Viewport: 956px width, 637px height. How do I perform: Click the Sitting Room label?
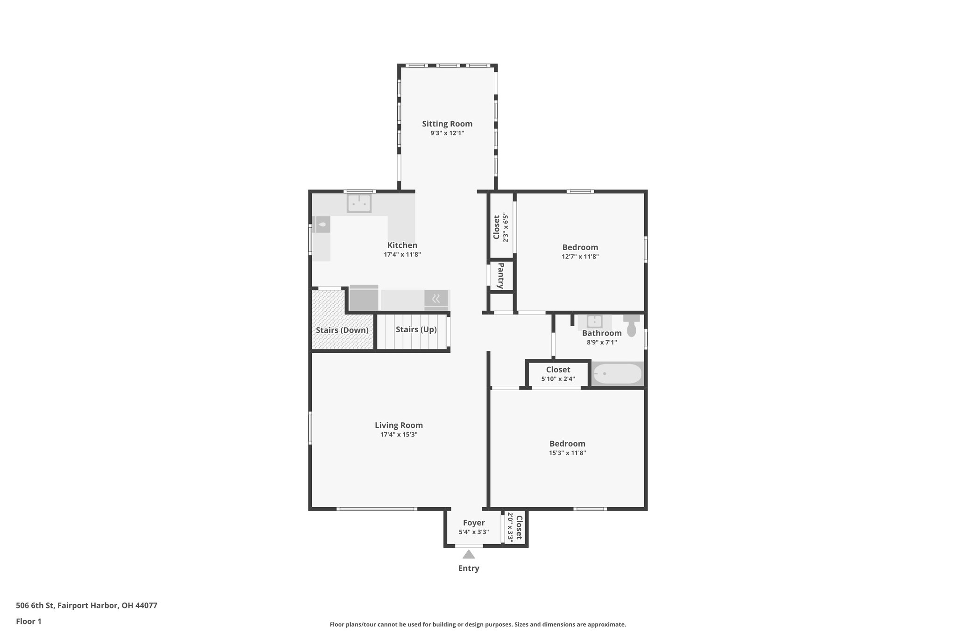coord(447,124)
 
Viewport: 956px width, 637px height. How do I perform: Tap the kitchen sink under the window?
coord(359,203)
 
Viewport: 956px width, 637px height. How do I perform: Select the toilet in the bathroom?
coord(632,325)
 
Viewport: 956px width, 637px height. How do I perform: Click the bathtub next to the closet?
coord(617,374)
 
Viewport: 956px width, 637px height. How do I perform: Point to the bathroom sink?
coord(594,322)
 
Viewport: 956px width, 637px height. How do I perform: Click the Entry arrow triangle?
coord(469,554)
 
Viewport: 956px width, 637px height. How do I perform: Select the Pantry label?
coord(501,276)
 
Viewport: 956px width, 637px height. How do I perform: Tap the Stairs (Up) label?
coord(416,329)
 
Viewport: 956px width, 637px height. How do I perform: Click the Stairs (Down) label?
coord(342,330)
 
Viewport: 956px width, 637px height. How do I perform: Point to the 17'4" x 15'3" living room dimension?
coord(399,434)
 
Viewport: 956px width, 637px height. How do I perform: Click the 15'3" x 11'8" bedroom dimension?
coord(567,453)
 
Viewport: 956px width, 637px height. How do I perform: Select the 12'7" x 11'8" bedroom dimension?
coord(580,256)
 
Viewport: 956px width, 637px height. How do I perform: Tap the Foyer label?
coord(474,523)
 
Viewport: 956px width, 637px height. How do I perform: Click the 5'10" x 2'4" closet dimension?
coord(558,379)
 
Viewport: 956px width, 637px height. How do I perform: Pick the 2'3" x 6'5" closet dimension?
coord(506,227)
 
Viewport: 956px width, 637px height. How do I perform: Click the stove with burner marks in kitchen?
coord(436,298)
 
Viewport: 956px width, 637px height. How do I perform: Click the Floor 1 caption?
coord(28,621)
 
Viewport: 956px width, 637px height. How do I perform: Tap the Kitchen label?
coord(402,245)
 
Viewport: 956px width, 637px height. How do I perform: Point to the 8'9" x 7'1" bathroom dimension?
coord(602,342)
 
